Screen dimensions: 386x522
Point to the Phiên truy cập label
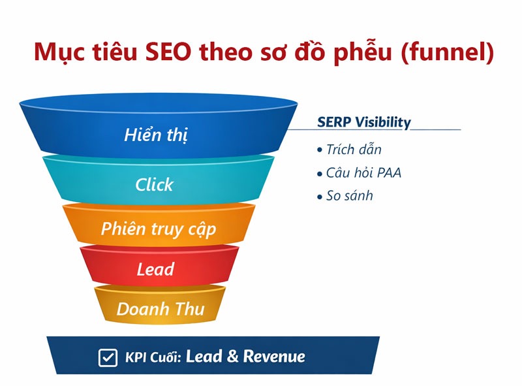coord(158,229)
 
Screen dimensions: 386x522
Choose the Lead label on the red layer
coord(155,268)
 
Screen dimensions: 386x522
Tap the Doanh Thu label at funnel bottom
coord(160,308)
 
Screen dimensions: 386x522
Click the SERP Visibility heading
coord(364,122)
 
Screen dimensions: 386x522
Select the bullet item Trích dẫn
coord(353,150)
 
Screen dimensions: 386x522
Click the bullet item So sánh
coord(349,196)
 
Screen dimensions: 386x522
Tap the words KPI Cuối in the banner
coord(153,358)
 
